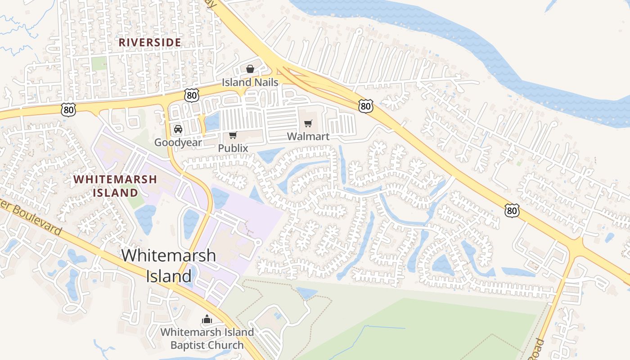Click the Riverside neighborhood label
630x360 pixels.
click(x=150, y=42)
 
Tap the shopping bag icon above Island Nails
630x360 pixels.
click(x=250, y=69)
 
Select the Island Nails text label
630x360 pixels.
click(x=250, y=82)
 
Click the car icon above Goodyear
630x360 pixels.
click(x=178, y=129)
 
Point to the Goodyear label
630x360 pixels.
click(x=178, y=143)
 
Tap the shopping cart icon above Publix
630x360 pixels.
click(x=233, y=135)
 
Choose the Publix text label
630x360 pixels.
click(x=233, y=148)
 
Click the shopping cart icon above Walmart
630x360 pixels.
click(x=308, y=123)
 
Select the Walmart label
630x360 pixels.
click(x=308, y=136)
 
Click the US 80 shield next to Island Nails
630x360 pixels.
click(x=191, y=95)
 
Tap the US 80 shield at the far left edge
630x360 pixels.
click(x=69, y=109)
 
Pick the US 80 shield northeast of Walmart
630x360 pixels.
click(x=365, y=106)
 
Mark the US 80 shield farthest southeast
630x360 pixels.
click(x=512, y=210)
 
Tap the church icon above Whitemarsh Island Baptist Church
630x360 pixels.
click(x=207, y=319)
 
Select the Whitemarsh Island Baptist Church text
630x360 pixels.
click(x=207, y=339)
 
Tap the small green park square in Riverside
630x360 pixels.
click(x=99, y=63)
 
